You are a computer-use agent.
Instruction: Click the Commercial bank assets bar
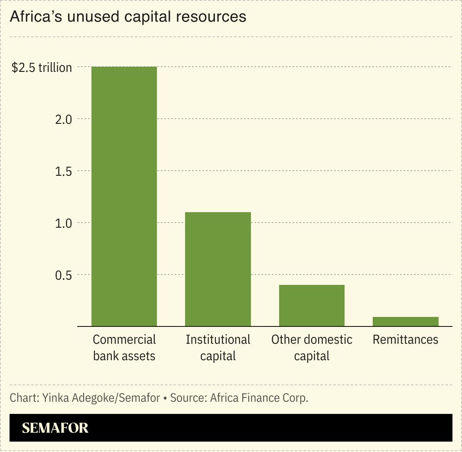[x=124, y=196]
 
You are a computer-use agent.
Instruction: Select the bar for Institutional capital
[x=218, y=269]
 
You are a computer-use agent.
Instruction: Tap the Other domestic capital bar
[x=312, y=305]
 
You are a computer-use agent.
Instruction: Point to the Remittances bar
[x=405, y=321]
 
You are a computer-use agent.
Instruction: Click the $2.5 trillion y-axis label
[x=42, y=68]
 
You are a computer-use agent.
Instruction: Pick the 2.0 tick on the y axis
[x=63, y=119]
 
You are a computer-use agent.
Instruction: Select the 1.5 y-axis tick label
[x=63, y=171]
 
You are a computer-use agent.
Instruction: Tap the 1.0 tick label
[x=63, y=223]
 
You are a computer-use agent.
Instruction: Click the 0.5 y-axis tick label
[x=63, y=275]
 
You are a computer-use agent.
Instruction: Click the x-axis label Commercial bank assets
[x=124, y=348]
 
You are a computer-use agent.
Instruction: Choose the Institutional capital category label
[x=218, y=348]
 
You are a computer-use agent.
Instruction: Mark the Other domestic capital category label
[x=312, y=348]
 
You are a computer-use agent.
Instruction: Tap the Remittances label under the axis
[x=405, y=339]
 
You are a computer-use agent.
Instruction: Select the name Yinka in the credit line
[x=55, y=398]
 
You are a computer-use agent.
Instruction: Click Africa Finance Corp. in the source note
[x=259, y=398]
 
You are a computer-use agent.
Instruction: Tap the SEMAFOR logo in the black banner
[x=55, y=428]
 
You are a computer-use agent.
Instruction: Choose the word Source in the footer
[x=188, y=398]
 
